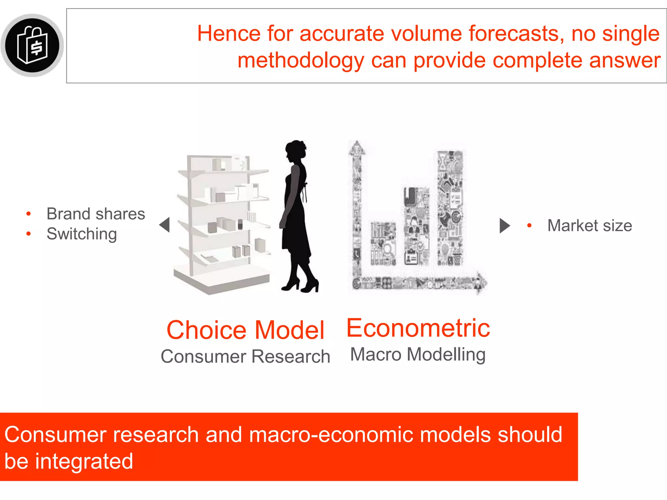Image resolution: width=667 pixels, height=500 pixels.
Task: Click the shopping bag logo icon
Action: [33, 45]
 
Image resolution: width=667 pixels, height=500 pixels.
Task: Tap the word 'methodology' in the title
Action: [301, 61]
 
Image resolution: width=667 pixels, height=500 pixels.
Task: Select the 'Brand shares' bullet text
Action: [96, 214]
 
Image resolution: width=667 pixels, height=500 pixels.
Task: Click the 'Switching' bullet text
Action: [82, 234]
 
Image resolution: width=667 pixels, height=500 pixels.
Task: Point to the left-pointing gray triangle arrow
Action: [165, 225]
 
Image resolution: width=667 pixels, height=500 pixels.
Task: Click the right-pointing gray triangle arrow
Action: [504, 226]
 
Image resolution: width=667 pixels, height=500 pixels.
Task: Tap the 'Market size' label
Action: [589, 226]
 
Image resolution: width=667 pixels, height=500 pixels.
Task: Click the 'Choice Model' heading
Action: [246, 330]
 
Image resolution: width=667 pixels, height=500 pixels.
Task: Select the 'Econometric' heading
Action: [418, 328]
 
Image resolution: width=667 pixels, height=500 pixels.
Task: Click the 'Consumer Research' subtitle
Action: [246, 356]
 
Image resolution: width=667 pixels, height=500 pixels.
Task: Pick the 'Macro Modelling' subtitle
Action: [418, 354]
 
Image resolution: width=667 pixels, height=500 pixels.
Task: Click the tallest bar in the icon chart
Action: [450, 208]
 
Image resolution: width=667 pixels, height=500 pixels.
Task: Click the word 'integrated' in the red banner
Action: [84, 461]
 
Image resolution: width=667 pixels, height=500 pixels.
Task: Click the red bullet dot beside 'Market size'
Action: [529, 226]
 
